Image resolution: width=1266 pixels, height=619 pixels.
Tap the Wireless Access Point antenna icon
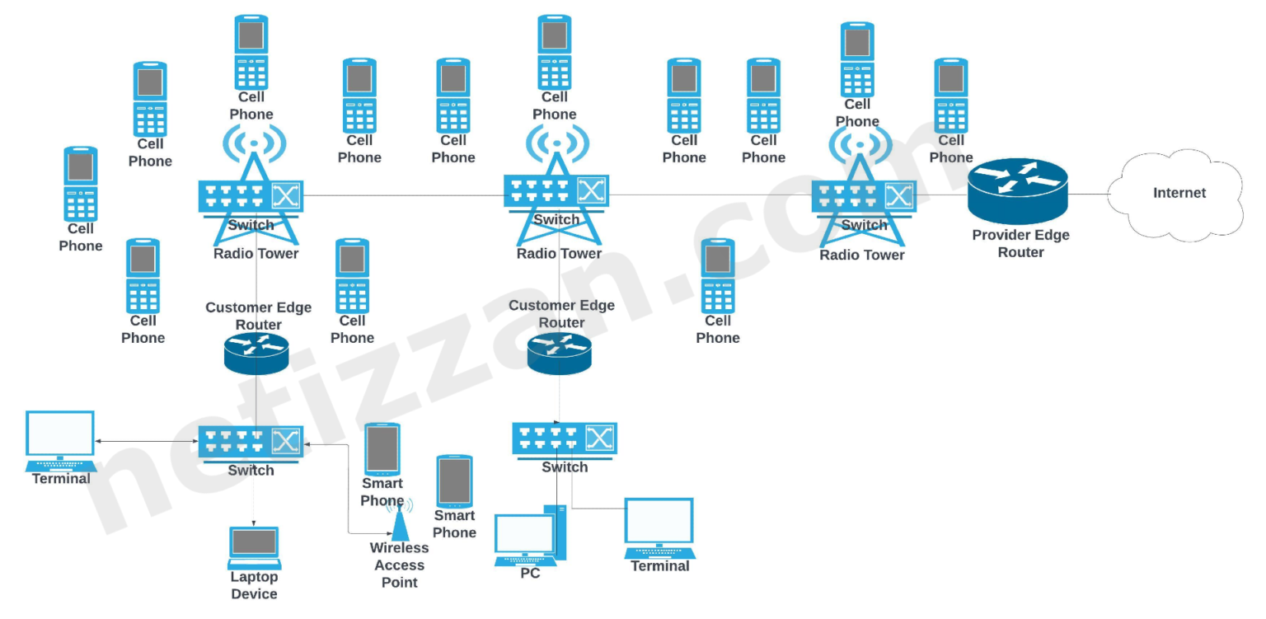point(400,521)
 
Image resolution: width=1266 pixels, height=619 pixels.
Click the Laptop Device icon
point(254,547)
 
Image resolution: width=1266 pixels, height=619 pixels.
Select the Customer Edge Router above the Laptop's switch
point(256,354)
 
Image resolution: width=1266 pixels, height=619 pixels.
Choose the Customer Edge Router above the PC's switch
point(560,353)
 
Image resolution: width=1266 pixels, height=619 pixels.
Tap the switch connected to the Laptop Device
point(251,443)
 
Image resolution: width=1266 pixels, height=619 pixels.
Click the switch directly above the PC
point(565,438)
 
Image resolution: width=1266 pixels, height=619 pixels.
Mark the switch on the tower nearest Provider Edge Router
point(863,196)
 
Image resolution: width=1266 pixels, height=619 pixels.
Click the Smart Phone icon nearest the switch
point(382,449)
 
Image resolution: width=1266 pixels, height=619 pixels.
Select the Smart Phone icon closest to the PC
point(454,481)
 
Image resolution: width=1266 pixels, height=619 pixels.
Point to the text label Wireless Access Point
point(399,565)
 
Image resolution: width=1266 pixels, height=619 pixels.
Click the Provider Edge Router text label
point(1020,244)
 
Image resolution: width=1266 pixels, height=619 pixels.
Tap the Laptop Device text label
point(254,586)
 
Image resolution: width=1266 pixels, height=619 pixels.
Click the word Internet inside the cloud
point(1179,193)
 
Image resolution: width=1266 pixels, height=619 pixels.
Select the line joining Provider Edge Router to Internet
point(1088,195)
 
